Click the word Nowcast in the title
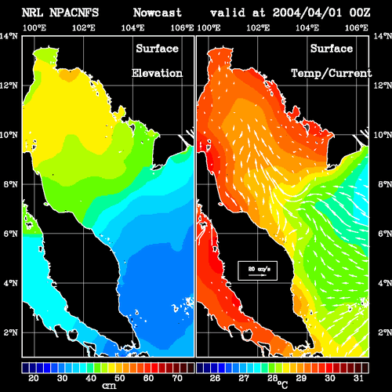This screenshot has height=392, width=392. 157,13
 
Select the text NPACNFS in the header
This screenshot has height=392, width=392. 74,13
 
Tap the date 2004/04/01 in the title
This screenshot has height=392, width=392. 307,13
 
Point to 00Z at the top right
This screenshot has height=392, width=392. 360,13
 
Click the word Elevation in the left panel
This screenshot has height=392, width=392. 157,73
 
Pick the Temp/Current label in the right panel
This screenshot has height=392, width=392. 332,74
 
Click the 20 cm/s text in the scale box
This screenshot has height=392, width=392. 260,269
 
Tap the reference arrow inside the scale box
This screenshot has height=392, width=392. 257,275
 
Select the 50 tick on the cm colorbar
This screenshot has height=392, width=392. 120,378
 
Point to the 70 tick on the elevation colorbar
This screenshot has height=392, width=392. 177,378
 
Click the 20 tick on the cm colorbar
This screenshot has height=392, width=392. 34,378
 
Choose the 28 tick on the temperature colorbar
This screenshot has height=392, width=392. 272,378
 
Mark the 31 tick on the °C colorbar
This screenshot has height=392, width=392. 358,378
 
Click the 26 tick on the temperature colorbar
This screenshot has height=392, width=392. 215,378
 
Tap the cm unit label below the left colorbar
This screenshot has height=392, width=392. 109,386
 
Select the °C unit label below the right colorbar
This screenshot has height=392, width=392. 282,385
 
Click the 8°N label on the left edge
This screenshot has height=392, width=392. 11,184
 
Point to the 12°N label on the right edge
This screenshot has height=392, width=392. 383,85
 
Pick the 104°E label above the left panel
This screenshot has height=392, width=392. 132,27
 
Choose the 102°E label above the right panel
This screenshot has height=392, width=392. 258,27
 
